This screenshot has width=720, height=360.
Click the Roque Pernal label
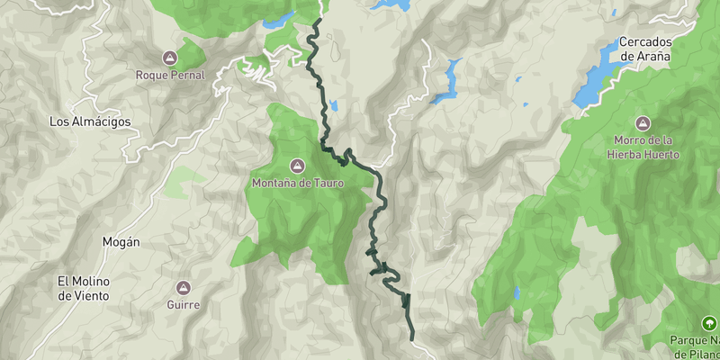point(170,75)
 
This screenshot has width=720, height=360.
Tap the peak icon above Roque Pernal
point(170,58)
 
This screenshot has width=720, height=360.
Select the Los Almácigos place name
point(90,121)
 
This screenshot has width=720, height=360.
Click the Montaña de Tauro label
point(297,184)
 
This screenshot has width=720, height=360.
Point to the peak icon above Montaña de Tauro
point(297,166)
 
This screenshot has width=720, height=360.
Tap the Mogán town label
point(121,242)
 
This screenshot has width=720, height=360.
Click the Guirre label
point(183,305)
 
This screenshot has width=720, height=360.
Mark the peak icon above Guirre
point(183,288)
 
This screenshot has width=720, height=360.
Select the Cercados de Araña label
point(644,49)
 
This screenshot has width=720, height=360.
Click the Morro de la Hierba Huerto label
point(643,148)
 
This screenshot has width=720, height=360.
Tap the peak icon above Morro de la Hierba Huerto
point(643,123)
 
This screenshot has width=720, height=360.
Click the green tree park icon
point(708,323)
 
